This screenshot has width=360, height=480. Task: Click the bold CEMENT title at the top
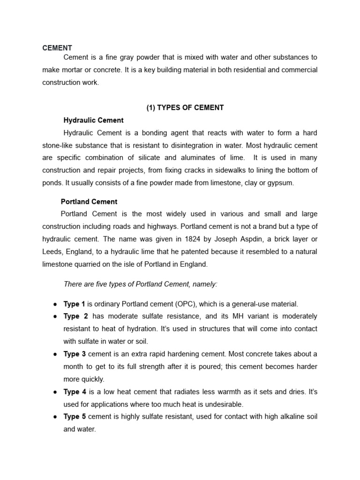click(x=57, y=48)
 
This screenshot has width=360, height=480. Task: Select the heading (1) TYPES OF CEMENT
click(x=185, y=108)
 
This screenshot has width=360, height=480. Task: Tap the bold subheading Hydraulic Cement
click(x=93, y=120)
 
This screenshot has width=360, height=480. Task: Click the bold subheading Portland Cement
click(x=89, y=202)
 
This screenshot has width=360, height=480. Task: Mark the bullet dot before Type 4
click(x=55, y=392)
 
